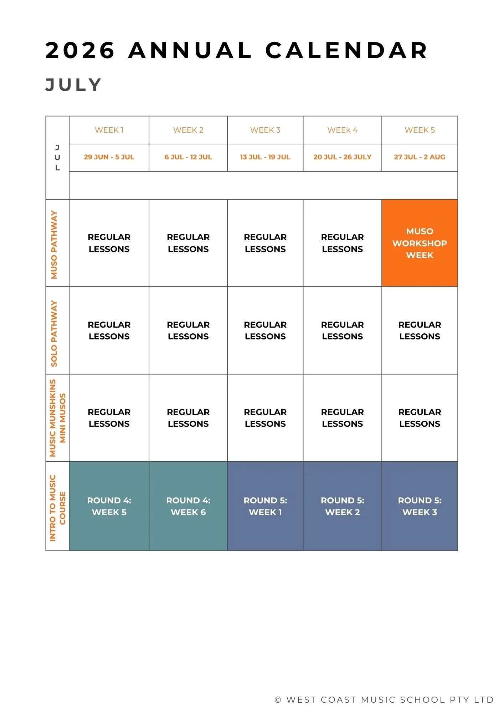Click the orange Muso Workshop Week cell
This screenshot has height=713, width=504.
click(420, 243)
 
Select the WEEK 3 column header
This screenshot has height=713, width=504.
click(265, 130)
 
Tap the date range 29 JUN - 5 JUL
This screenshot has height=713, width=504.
click(109, 157)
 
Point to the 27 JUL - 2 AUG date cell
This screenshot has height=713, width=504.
click(420, 157)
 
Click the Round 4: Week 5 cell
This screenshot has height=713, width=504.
click(109, 506)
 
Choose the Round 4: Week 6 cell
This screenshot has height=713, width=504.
click(188, 506)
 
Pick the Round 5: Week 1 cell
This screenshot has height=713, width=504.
click(265, 506)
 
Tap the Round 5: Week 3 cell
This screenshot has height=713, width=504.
click(420, 506)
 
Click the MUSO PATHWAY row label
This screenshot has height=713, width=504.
click(54, 245)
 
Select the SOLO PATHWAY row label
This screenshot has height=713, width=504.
click(54, 333)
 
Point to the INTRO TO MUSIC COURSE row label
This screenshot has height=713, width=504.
click(57, 508)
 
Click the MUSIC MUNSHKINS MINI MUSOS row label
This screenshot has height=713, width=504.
click(57, 418)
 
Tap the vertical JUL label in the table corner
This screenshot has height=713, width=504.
click(57, 158)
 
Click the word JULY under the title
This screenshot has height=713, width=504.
click(74, 85)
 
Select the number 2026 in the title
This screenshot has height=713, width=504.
click(80, 50)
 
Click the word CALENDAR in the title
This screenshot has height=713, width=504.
click(346, 50)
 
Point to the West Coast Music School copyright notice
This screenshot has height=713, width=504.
click(384, 700)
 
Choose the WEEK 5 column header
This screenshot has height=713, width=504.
click(420, 130)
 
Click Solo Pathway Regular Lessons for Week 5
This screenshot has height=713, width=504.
click(420, 330)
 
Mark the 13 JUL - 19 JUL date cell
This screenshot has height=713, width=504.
click(265, 157)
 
